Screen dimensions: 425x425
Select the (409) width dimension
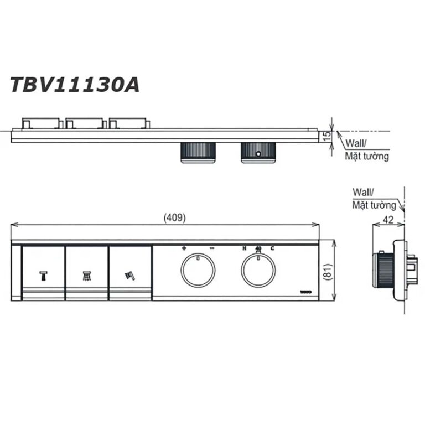pos(174,217)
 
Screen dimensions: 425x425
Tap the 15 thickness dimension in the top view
pos(327,135)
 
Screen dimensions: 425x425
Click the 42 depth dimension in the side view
pos(389,219)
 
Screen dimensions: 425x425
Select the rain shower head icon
pos(87,275)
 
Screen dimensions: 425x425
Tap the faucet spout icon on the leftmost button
pos(43,275)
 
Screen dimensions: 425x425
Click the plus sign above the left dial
pos(184,249)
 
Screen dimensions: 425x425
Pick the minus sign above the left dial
pos(212,249)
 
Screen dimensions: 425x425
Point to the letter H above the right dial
pos(244,249)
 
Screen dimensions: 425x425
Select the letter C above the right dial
pos(272,249)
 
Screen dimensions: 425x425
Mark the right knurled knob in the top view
pos(258,153)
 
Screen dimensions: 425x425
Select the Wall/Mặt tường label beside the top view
pos(367,150)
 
